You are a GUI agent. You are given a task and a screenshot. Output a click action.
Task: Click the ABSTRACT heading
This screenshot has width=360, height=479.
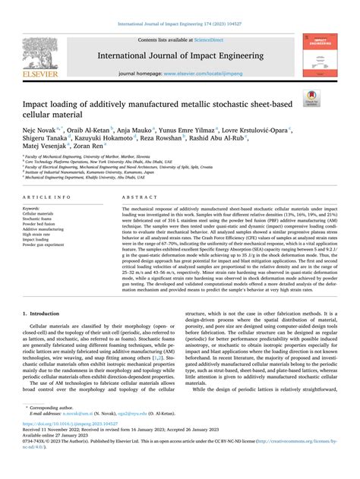pyautogui.click(x=137, y=197)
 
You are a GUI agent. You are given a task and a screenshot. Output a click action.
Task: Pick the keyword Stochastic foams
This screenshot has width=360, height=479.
pyautogui.click(x=39, y=217)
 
